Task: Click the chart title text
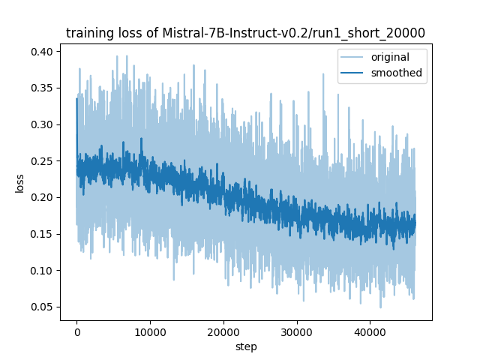(x=245, y=33)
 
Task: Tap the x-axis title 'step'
(x=245, y=346)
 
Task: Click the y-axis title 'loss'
(x=20, y=183)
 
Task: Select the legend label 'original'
(x=389, y=58)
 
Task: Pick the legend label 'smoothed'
(x=396, y=73)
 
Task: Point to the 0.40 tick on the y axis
(x=43, y=52)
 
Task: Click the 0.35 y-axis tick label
(x=43, y=88)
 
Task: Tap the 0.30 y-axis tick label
(x=43, y=124)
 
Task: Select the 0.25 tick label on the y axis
(x=43, y=161)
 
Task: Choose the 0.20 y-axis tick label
(x=43, y=197)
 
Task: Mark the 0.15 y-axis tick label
(x=43, y=234)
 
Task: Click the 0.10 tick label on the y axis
(x=43, y=271)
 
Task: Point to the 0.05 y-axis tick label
(x=43, y=307)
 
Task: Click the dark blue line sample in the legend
(x=354, y=73)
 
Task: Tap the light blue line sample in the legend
(x=354, y=58)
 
